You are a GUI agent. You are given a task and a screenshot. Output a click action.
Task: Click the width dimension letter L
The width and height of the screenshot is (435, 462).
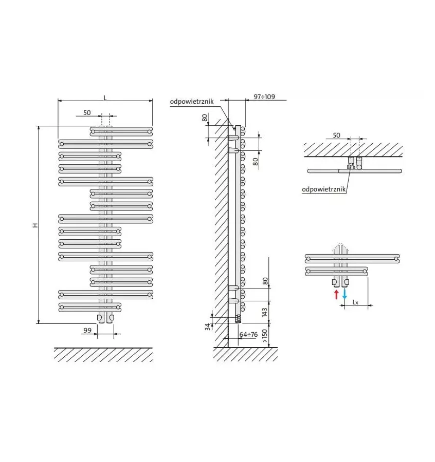tap(105, 97)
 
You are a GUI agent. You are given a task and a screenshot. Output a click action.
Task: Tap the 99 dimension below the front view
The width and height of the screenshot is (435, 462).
tap(87, 331)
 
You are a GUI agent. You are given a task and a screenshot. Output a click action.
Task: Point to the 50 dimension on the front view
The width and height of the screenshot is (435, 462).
tap(87, 112)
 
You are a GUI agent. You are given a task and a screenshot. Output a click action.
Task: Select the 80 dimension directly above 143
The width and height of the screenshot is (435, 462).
tap(265, 281)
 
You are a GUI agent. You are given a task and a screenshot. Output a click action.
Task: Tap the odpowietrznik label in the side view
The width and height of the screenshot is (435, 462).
tap(192, 102)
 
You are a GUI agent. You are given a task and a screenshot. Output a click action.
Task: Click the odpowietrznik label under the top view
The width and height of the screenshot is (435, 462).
tap(324, 189)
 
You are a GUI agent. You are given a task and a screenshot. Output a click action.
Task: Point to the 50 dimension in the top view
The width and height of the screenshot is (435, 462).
tap(336, 135)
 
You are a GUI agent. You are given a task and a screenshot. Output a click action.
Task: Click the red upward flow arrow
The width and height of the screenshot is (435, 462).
tap(336, 294)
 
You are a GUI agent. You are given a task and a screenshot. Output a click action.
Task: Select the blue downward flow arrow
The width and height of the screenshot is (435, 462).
tap(345, 294)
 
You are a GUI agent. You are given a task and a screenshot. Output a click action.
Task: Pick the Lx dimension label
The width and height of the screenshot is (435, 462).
tap(355, 302)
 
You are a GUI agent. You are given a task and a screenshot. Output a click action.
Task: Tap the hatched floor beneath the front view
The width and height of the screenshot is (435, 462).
tap(103, 354)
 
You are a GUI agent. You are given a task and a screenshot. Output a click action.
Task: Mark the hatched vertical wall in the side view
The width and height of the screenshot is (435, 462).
tap(221, 231)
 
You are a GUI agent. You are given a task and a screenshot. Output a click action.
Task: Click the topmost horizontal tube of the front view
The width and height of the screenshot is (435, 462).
tap(121, 129)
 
